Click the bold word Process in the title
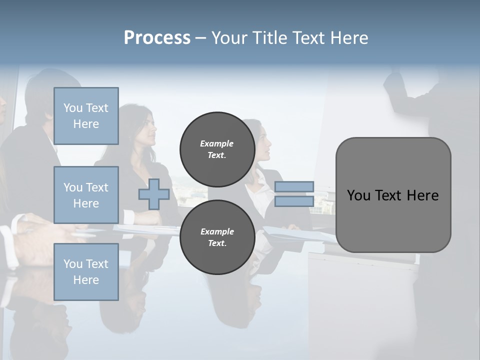coord(157,38)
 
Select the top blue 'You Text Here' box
coord(86,116)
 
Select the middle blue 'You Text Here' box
coord(86,195)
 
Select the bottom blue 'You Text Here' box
coord(86,272)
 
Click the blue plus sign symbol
coord(154,194)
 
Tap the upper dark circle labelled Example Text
coord(217,149)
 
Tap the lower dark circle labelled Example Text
coord(217,237)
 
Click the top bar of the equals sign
coord(294,187)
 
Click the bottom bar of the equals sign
coord(294,201)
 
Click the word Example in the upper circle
coord(217,143)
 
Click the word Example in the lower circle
coord(217,231)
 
